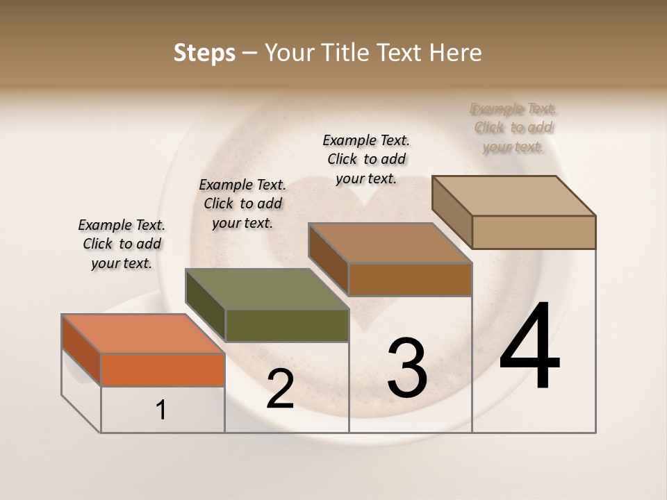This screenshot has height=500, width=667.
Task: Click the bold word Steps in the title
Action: point(204,53)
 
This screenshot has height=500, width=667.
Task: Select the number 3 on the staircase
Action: point(407,368)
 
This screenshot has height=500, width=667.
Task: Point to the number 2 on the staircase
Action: point(281,389)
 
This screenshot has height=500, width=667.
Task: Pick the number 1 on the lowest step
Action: point(161,410)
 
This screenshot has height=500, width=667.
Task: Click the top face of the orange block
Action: point(143,333)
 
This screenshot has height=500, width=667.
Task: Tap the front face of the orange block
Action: point(163,369)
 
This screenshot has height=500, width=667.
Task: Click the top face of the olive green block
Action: point(267,289)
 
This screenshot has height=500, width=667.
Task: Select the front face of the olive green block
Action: point(286,325)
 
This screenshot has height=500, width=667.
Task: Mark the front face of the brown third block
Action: point(410,279)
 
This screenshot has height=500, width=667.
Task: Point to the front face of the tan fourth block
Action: point(534,232)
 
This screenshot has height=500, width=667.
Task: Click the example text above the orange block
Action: point(122,244)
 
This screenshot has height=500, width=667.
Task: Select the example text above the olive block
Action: point(242,203)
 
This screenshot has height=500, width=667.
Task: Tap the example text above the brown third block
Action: point(366,159)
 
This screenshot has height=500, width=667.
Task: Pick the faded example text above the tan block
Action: point(513,127)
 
